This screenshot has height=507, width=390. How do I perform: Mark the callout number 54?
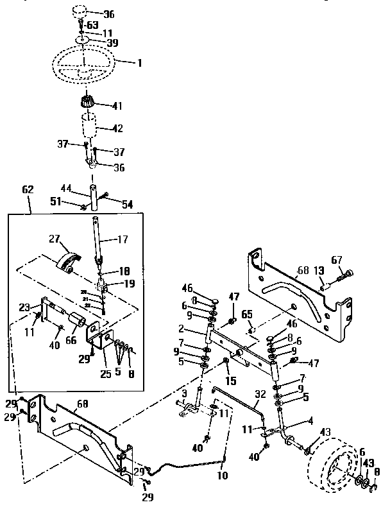(x=127, y=203)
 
